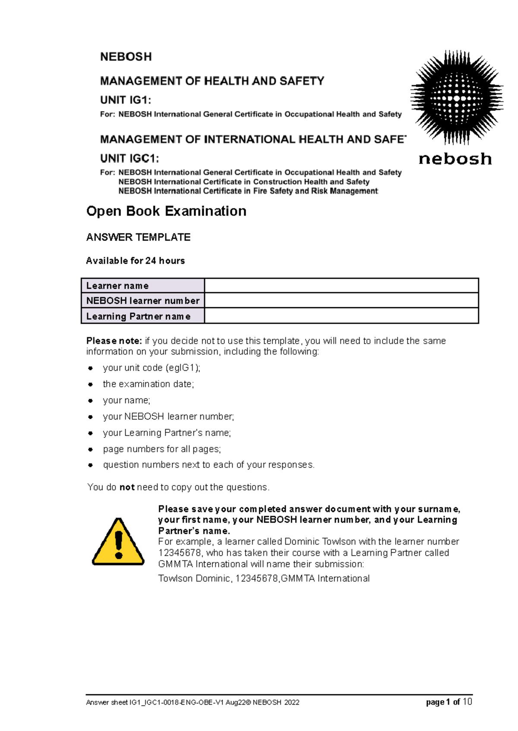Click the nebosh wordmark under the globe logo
(x=455, y=159)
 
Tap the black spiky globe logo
(x=456, y=98)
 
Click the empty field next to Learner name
(x=341, y=286)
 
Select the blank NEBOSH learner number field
(x=341, y=300)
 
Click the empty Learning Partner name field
(x=341, y=316)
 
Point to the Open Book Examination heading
(x=166, y=211)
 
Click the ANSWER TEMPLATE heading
(x=138, y=237)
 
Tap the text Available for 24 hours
(x=135, y=261)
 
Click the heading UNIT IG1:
(x=126, y=100)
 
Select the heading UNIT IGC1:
(x=129, y=158)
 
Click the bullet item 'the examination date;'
(x=148, y=384)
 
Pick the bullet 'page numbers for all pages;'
(x=161, y=449)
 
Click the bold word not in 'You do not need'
(x=127, y=487)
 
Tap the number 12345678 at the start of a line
(x=180, y=553)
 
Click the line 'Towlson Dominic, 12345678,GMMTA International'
(x=264, y=578)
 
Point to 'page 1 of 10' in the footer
(x=449, y=702)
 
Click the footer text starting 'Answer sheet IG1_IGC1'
(x=193, y=703)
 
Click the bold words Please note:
(x=114, y=341)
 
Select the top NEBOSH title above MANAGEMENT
(x=126, y=57)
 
